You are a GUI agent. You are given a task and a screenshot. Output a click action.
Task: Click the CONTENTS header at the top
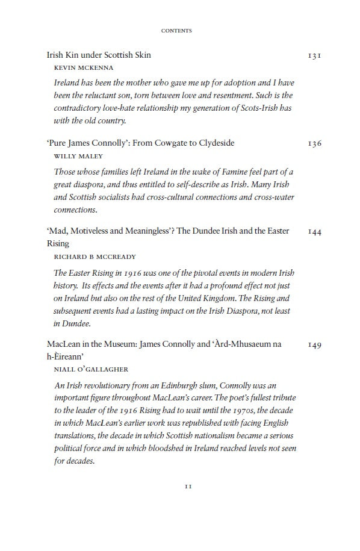(x=177, y=31)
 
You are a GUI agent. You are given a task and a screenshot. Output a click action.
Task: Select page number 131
(x=314, y=55)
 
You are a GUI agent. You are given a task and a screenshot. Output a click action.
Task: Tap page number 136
(x=314, y=143)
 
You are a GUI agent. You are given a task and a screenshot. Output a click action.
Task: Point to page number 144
(x=314, y=231)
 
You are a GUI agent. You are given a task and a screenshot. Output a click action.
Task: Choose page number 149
(x=314, y=344)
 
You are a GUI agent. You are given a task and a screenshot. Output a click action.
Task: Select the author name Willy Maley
(x=75, y=156)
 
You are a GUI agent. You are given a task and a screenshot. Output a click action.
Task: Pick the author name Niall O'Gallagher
(x=87, y=369)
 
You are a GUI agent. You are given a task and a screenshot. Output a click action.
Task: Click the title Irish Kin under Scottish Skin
(x=99, y=55)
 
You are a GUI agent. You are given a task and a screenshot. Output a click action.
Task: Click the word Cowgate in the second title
(x=166, y=143)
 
